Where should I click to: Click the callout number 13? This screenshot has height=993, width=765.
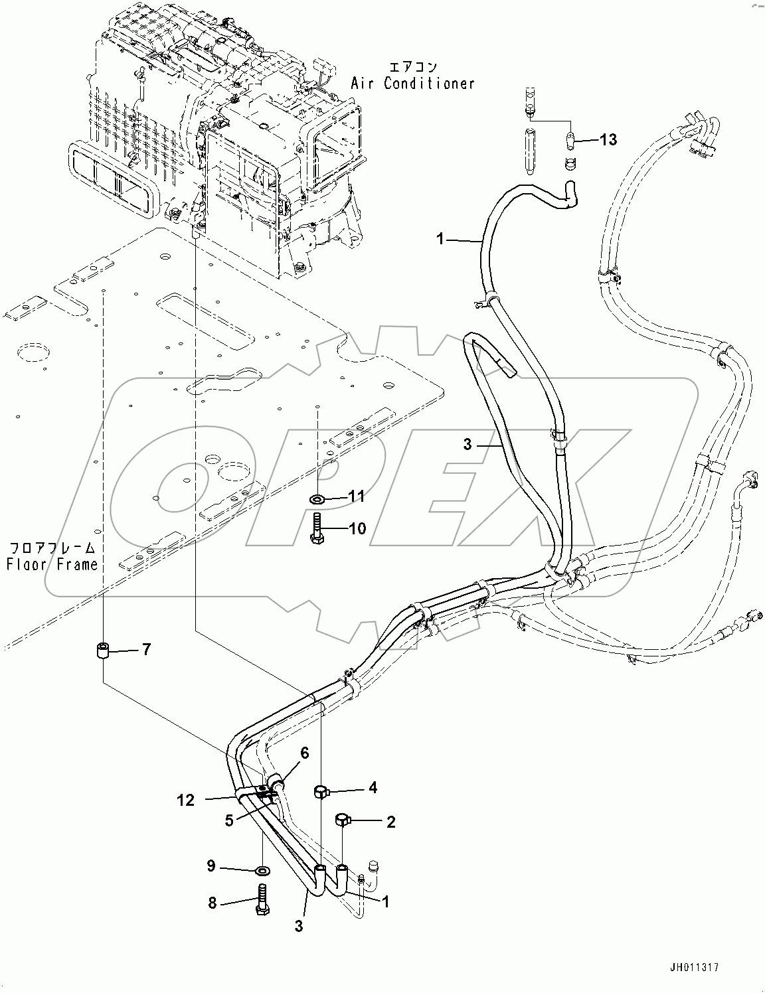[608, 140]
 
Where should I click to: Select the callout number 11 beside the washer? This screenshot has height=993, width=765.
[357, 497]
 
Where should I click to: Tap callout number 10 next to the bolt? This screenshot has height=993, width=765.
[357, 529]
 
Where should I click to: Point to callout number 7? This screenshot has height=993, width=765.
[146, 649]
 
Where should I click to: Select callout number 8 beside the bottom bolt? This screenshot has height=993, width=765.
[212, 903]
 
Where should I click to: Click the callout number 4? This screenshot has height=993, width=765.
[373, 788]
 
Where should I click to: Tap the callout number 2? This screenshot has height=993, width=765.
[390, 822]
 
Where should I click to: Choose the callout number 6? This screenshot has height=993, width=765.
[305, 753]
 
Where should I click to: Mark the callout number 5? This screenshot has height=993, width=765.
[228, 820]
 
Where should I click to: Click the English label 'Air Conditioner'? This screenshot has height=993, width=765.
[413, 84]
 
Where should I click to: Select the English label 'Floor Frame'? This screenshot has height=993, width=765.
[52, 564]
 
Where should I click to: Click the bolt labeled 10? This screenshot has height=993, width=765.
[317, 528]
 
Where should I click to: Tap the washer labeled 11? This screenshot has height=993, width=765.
[317, 497]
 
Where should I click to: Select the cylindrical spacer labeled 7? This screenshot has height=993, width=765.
[103, 650]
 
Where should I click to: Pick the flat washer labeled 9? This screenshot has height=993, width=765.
[262, 870]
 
